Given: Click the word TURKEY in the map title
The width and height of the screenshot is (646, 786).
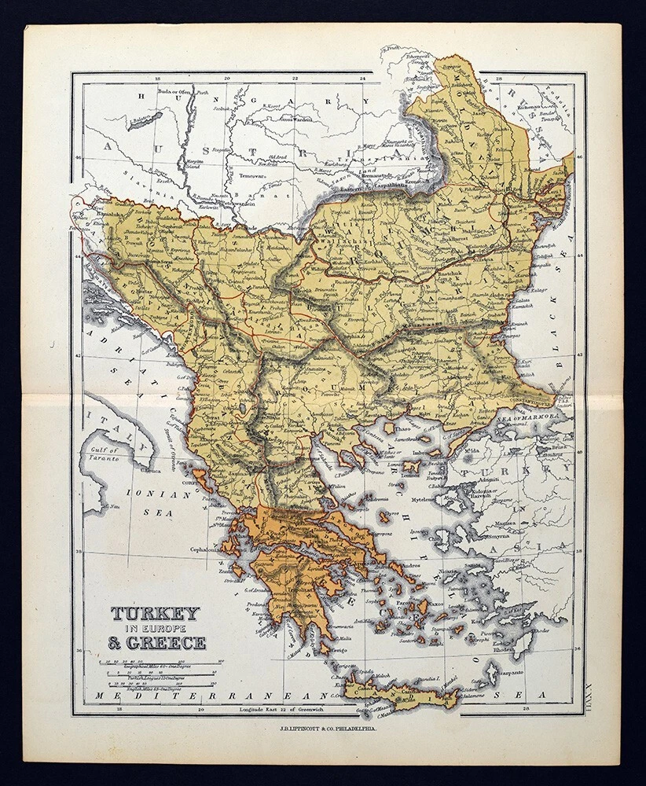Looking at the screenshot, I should coord(155,613).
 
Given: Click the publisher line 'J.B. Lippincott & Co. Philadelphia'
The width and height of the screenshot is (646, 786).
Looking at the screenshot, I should coord(322,728).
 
